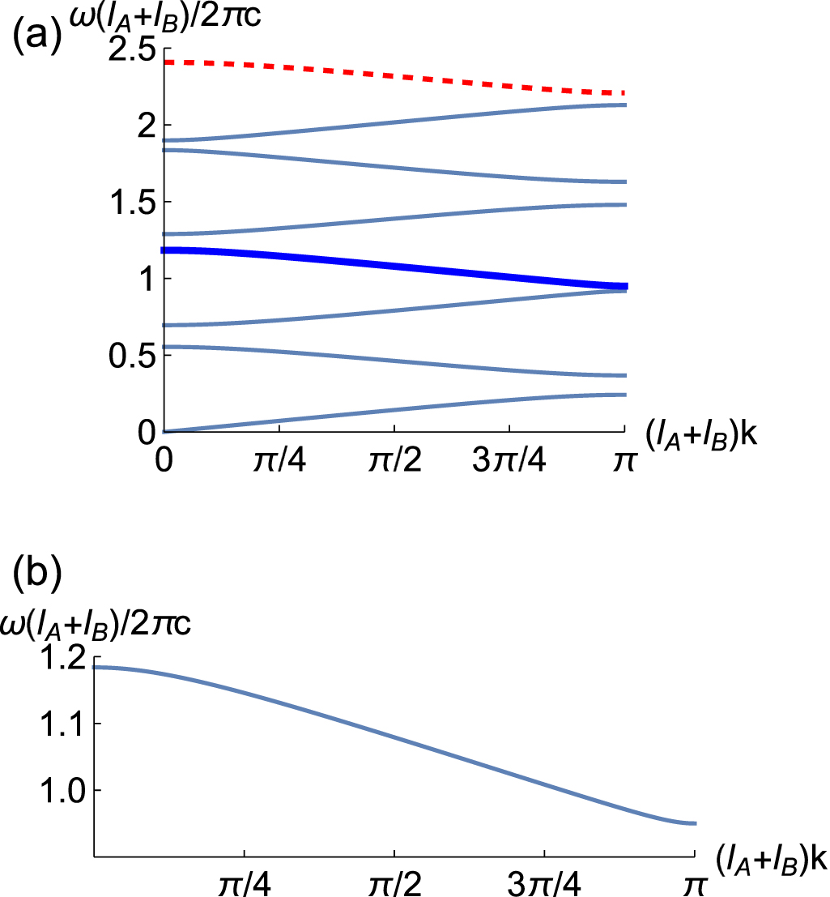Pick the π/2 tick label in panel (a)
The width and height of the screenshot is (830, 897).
[394, 470]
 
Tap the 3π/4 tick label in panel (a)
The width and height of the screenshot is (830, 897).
[509, 470]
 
